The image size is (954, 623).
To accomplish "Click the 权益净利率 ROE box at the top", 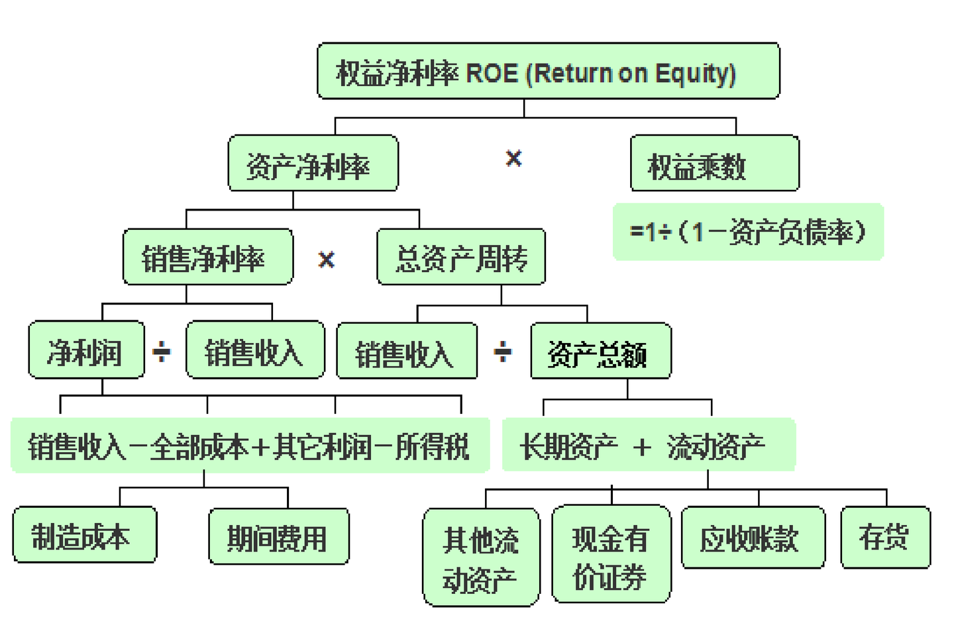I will pyautogui.click(x=548, y=72).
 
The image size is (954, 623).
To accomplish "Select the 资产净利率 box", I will pyautogui.click(x=313, y=164).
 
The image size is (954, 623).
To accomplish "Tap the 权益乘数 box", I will pyautogui.click(x=714, y=164).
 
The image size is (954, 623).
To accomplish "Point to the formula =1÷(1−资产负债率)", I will pyautogui.click(x=748, y=232).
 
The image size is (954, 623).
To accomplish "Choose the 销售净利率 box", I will pyautogui.click(x=207, y=258).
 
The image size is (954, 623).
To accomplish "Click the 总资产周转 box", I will pyautogui.click(x=461, y=258).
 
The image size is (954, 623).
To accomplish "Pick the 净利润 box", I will pyautogui.click(x=86, y=350).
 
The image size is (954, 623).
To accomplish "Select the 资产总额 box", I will pyautogui.click(x=600, y=352).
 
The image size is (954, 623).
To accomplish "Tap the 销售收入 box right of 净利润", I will pyautogui.click(x=255, y=350).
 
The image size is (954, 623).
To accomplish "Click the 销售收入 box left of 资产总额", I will pyautogui.click(x=406, y=352).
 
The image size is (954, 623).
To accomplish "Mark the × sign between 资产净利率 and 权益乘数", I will pyautogui.click(x=513, y=158).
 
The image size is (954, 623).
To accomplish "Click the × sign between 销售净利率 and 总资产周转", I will pyautogui.click(x=327, y=260).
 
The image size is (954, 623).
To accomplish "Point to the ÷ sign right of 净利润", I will pyautogui.click(x=162, y=351).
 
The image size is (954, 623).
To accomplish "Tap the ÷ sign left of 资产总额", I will pyautogui.click(x=503, y=352).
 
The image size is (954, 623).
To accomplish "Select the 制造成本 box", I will pyautogui.click(x=84, y=535).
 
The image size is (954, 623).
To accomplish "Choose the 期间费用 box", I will pyautogui.click(x=278, y=536).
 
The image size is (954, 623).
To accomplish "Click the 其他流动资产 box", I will pyautogui.click(x=481, y=557).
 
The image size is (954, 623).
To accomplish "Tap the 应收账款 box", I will pyautogui.click(x=753, y=538).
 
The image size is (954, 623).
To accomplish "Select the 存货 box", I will pyautogui.click(x=885, y=537).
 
